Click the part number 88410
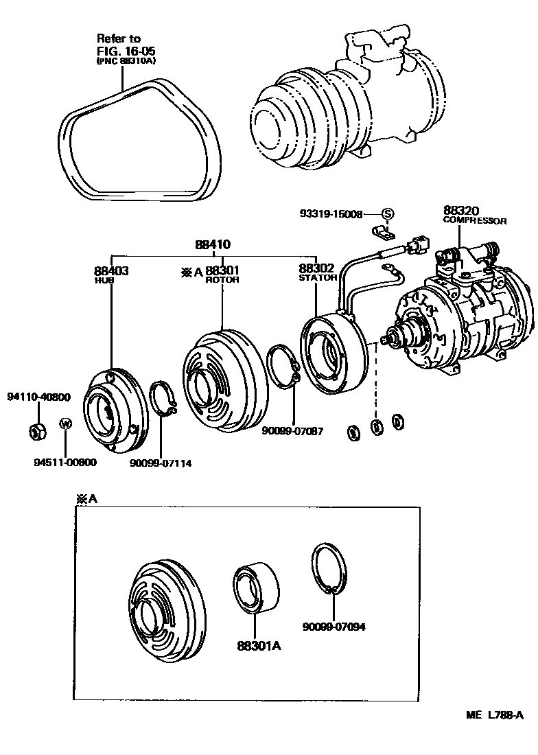tap(212, 244)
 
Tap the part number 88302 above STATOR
tap(316, 269)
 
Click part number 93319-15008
tap(330, 214)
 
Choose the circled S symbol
tap(386, 214)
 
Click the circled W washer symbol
tap(65, 423)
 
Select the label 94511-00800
tap(65, 463)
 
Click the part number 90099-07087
tap(292, 431)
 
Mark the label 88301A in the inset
tap(260, 646)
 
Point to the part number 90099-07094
tap(334, 626)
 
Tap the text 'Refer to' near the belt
tap(118, 38)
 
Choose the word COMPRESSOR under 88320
tap(475, 221)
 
